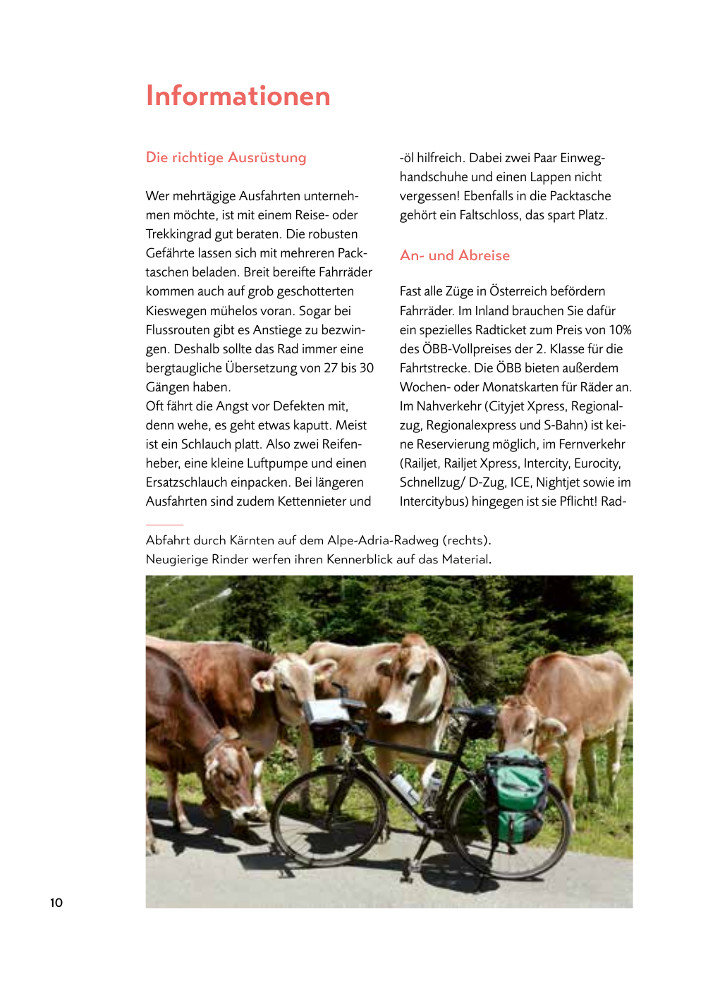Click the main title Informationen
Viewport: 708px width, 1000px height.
tap(238, 97)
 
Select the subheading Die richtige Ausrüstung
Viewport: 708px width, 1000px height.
tap(226, 157)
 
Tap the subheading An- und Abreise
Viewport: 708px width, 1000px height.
tap(454, 255)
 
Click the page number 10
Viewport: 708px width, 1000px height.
tap(56, 903)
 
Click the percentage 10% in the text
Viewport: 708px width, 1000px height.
tap(620, 330)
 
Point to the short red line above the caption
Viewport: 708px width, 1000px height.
tap(164, 525)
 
